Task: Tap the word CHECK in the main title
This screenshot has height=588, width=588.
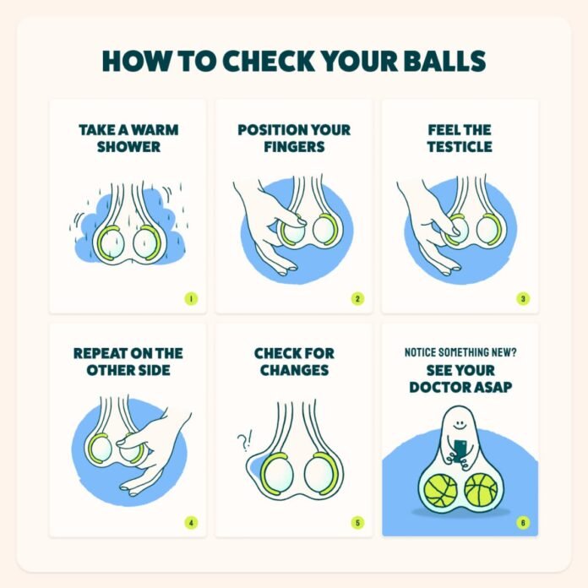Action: (269, 61)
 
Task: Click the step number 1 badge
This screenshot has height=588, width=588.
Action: (191, 299)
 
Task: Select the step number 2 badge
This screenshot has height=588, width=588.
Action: (357, 299)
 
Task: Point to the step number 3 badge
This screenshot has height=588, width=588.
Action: (523, 299)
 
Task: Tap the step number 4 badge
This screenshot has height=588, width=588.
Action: (191, 522)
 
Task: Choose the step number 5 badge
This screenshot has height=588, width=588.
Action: (357, 522)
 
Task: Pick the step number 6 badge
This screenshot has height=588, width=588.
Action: (523, 522)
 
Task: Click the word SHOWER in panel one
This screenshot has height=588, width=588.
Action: (128, 147)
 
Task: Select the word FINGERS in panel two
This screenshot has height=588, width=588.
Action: (294, 147)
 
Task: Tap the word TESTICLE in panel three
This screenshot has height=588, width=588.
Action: (460, 147)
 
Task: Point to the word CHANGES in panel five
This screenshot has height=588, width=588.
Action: (294, 370)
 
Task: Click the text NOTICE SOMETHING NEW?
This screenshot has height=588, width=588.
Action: (460, 352)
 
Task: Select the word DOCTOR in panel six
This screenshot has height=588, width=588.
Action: (438, 387)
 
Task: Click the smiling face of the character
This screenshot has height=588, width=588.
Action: (459, 424)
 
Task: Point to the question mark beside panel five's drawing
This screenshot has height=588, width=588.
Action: (242, 443)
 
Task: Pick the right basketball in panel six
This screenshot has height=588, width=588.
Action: (481, 489)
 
